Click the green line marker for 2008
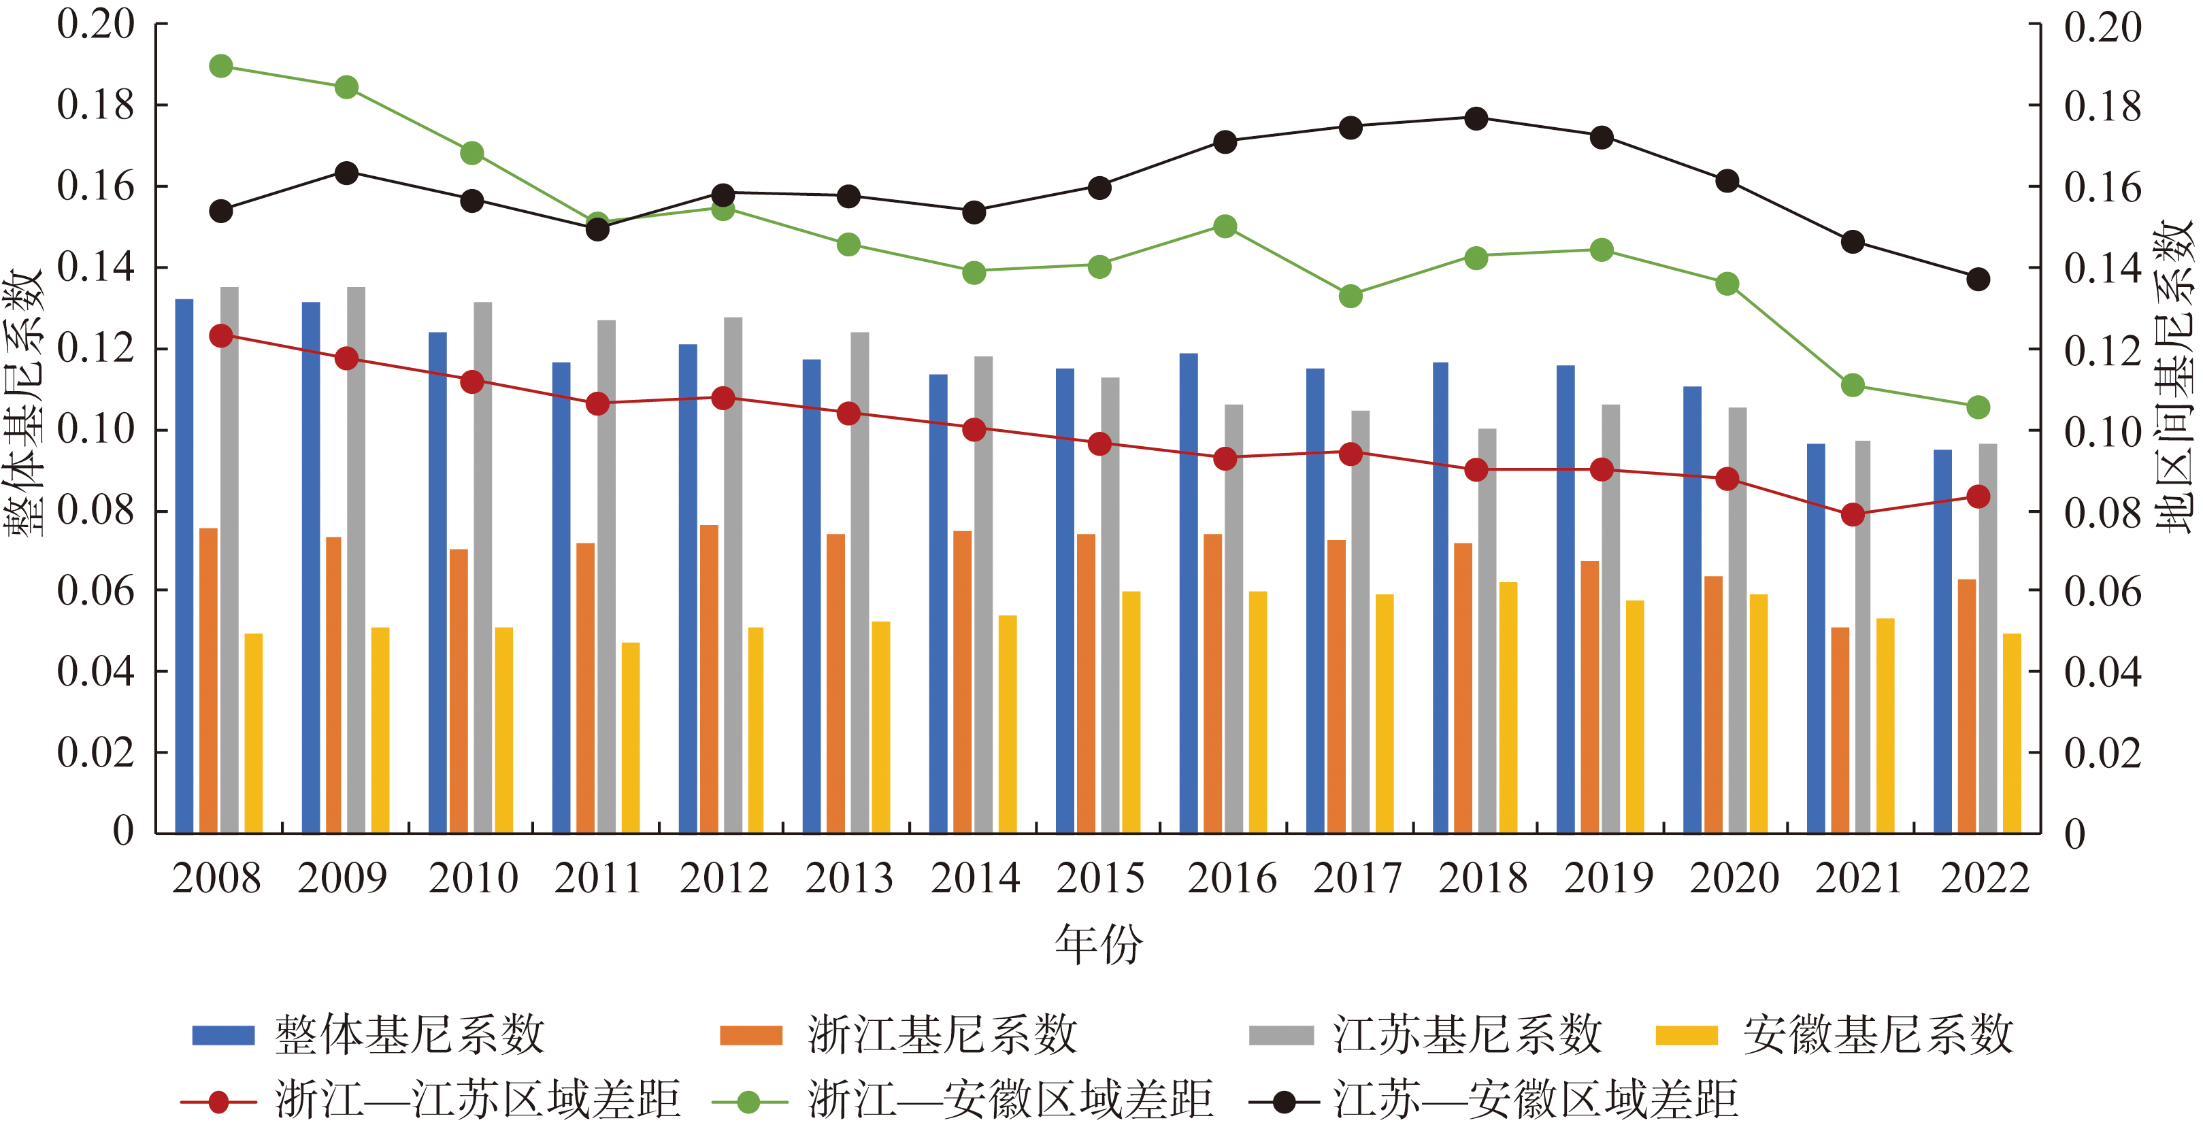[x=220, y=66]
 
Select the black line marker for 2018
[x=1476, y=119]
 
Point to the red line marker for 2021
[x=1853, y=514]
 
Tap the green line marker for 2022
[x=1978, y=407]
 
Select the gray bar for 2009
[x=356, y=560]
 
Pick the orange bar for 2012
[x=709, y=679]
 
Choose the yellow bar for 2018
[x=1508, y=707]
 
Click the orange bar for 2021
[x=1840, y=730]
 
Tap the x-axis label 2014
[x=975, y=879]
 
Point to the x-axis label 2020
[x=1734, y=879]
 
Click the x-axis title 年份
[x=1098, y=945]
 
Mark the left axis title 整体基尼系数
[x=24, y=402]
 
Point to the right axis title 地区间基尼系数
[x=2174, y=376]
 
